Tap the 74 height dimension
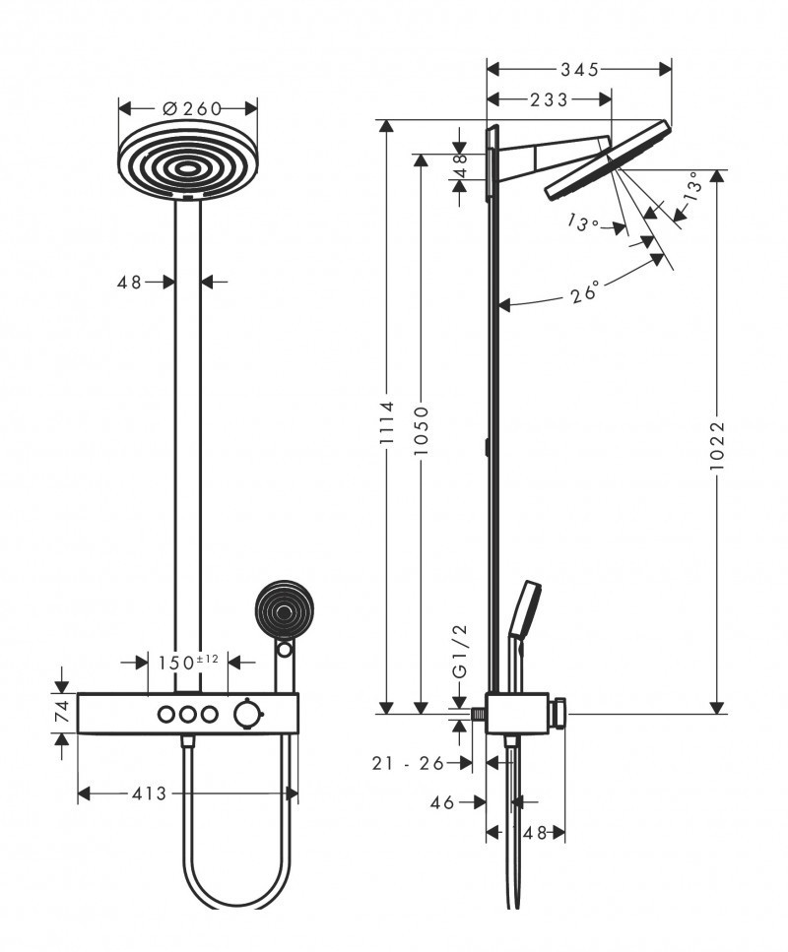[x=61, y=711]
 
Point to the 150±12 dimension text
[x=187, y=663]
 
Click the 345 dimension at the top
[x=580, y=69]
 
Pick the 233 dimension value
[x=549, y=98]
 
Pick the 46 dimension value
[x=442, y=802]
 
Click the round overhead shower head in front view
[x=187, y=162]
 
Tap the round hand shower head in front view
[x=283, y=611]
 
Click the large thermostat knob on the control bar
[x=245, y=714]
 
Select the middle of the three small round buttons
[x=186, y=714]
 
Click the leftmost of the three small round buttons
[x=164, y=714]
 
